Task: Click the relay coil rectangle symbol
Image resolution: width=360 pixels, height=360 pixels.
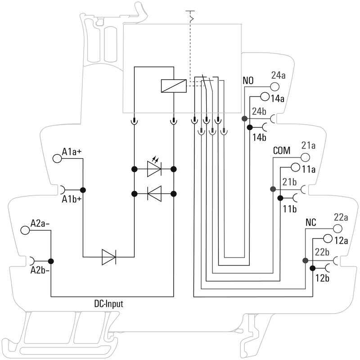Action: point(173,85)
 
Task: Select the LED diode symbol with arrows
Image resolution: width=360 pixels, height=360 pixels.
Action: point(154,169)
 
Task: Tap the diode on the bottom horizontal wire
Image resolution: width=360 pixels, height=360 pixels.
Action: point(108,257)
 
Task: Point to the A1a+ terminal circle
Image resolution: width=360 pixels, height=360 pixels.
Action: point(57,158)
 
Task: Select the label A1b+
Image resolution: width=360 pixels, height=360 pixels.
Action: point(72,199)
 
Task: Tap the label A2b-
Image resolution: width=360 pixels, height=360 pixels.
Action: point(40,271)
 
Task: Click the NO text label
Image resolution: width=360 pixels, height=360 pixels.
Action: point(248,81)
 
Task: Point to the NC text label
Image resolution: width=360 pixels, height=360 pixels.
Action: point(311,223)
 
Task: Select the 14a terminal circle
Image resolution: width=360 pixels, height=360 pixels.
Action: point(265,97)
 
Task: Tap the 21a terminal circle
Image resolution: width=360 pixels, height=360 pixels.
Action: point(306,157)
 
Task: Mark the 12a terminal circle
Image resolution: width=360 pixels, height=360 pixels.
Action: point(327,238)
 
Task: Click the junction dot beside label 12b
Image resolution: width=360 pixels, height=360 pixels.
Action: point(313,269)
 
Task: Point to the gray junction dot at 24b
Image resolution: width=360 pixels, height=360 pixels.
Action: point(244,119)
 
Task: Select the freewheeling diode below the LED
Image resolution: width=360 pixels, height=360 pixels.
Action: point(154,194)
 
